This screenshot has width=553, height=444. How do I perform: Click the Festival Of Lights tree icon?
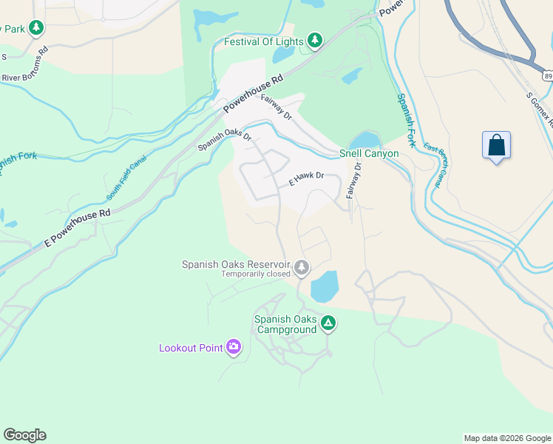coord(315,40)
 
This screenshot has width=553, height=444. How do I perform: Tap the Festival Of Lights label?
coord(263,41)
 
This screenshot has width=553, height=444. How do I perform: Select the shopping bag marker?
coord(497,145)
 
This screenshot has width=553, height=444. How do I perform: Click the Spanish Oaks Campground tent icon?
coord(328,323)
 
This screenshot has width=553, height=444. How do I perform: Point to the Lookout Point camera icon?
coord(234,347)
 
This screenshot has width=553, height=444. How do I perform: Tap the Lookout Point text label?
coord(191,348)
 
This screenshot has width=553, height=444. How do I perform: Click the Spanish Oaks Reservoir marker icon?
coord(301,267)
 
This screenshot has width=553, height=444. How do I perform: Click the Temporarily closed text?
coord(255,274)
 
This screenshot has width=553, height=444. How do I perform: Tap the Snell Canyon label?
coord(369,154)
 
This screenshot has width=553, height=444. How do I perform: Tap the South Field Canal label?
coord(126,178)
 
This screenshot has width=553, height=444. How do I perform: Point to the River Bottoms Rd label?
coord(24,58)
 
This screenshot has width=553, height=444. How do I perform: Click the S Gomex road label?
coord(539,107)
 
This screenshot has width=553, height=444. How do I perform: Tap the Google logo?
coord(24,435)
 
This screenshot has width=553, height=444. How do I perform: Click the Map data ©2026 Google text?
coord(506,438)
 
